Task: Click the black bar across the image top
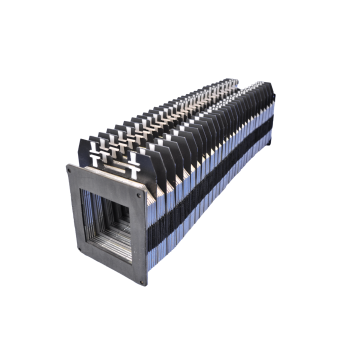180,30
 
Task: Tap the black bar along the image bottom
180,330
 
